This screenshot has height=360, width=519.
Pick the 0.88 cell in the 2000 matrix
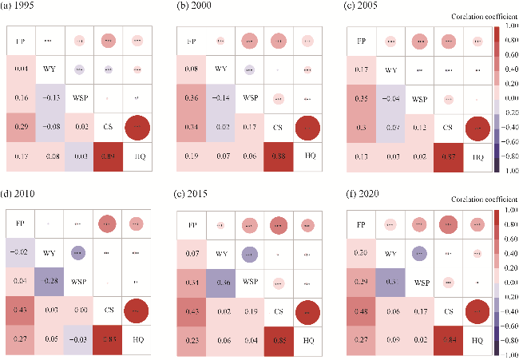pyautogui.click(x=277, y=155)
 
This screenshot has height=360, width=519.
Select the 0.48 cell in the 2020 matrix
pyautogui.click(x=363, y=311)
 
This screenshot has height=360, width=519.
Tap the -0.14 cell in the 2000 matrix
pyautogui.click(x=220, y=97)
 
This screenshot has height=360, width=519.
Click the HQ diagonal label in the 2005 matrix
pyautogui.click(x=477, y=155)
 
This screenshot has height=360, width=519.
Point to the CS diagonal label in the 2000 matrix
pyautogui.click(x=277, y=126)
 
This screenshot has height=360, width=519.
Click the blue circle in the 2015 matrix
pyautogui.click(x=249, y=253)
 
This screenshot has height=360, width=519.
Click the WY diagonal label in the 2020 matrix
pyautogui.click(x=392, y=253)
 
